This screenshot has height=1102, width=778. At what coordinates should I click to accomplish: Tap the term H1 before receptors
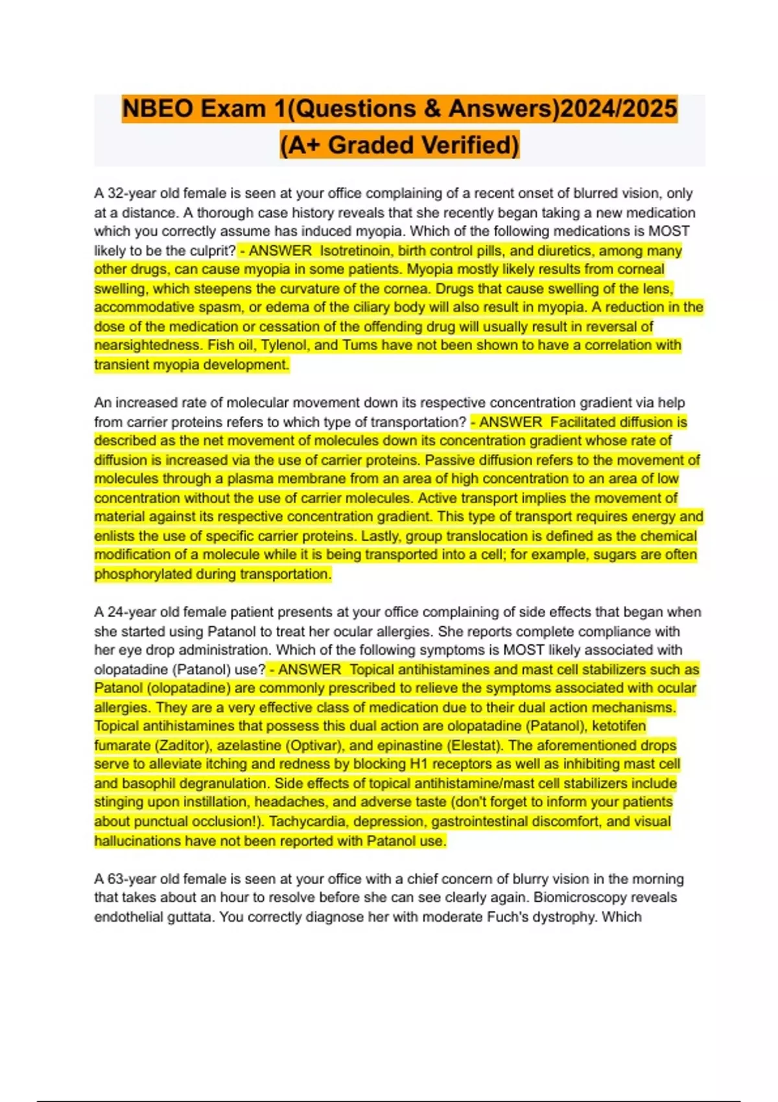[x=419, y=764]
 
